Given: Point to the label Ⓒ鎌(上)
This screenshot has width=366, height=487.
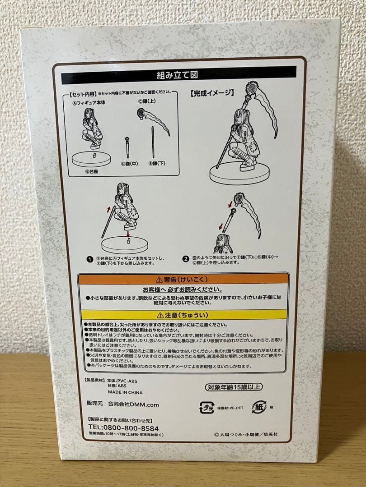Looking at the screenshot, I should click(146, 102).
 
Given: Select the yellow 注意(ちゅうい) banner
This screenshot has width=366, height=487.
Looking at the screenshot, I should click(183, 315).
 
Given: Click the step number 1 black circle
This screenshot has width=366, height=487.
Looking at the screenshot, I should click(89, 259).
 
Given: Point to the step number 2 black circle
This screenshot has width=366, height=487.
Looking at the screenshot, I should click(186, 259).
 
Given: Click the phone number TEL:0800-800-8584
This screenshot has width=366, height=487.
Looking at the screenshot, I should click(120, 428).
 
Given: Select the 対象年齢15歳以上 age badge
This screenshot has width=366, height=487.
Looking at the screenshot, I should click(231, 386).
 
